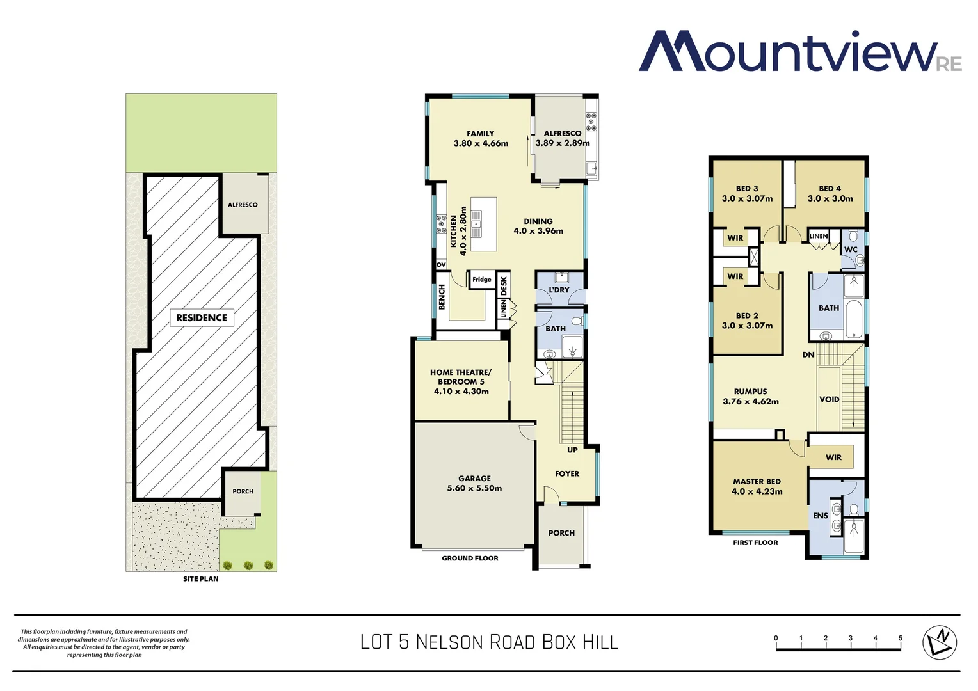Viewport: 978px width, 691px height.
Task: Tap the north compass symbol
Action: coord(939,641)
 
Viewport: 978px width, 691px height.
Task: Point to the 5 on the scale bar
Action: coord(900,638)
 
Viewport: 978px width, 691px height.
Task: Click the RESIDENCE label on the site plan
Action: coord(202,317)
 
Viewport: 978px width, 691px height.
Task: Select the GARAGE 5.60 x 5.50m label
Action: coord(474,483)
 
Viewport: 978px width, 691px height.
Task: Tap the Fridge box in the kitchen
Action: coord(482,280)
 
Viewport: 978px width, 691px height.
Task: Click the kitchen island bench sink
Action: coord(476,219)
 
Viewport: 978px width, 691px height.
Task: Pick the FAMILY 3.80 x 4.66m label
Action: coord(481,138)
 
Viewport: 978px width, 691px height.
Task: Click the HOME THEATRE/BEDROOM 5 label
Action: coord(461,381)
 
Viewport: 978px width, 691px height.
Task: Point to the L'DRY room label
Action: coord(559,290)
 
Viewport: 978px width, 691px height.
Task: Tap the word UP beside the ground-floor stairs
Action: coord(572,450)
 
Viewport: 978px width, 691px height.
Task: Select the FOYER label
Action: coord(567,473)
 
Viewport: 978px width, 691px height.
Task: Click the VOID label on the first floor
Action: coord(829,399)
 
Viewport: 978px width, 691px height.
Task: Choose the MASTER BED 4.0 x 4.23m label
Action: coord(757,486)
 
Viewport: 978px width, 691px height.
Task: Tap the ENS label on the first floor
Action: coord(821,516)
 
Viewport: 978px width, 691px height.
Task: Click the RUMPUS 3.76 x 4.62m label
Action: coord(751,396)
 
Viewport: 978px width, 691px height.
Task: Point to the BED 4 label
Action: coord(830,193)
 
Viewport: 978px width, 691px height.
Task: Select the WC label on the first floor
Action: coord(851,250)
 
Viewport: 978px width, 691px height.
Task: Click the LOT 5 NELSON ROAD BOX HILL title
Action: coord(489,642)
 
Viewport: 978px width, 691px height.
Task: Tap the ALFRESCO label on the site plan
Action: coord(243,205)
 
